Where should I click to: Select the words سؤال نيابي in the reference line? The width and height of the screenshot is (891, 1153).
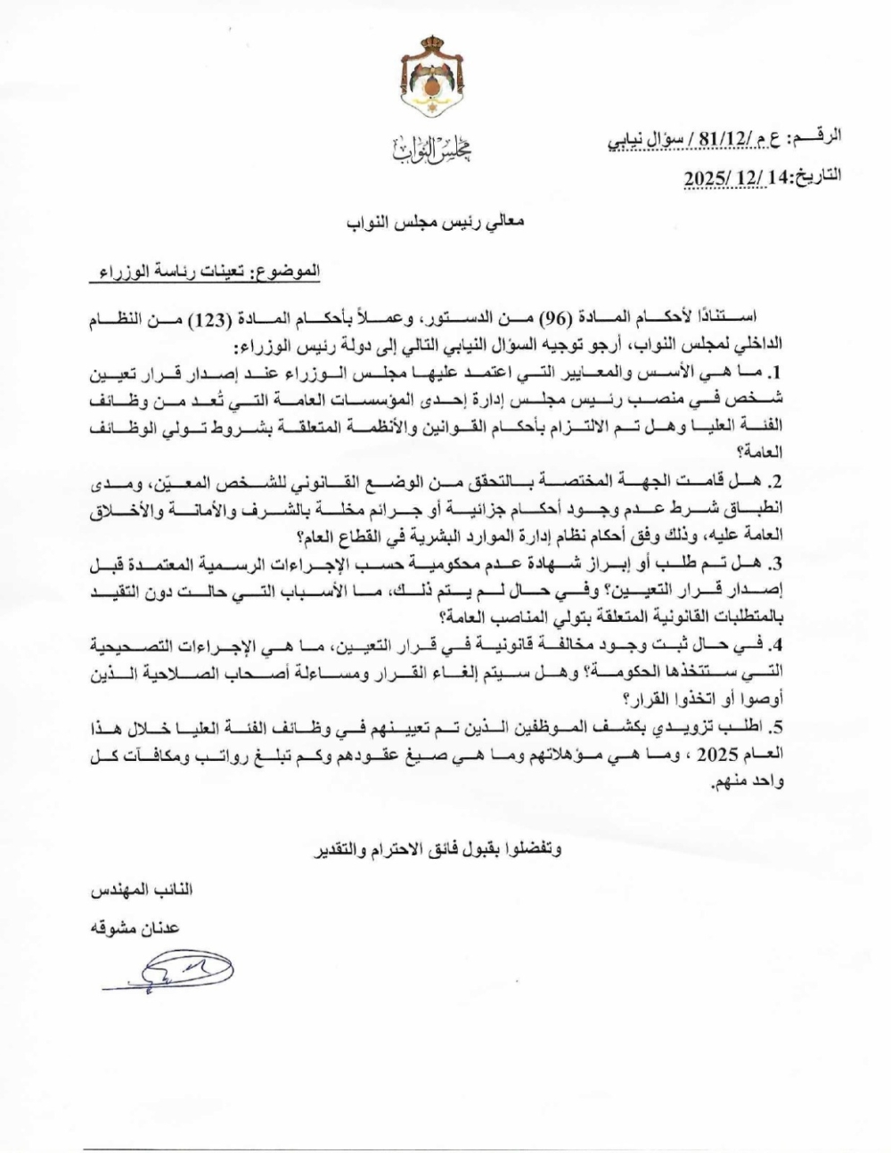[x=638, y=140]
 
